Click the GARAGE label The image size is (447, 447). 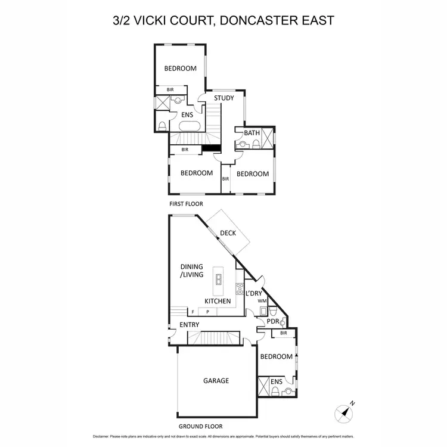pyautogui.click(x=216, y=381)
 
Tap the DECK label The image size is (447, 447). pyautogui.click(x=228, y=233)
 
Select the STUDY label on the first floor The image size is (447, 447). pyautogui.click(x=224, y=98)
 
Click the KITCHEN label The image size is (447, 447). pyautogui.click(x=218, y=301)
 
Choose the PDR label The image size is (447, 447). pyautogui.click(x=273, y=322)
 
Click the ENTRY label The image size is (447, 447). pyautogui.click(x=190, y=325)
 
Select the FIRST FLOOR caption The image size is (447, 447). pyautogui.click(x=185, y=204)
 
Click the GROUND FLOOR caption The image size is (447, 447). pyautogui.click(x=201, y=427)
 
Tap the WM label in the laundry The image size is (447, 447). pyautogui.click(x=261, y=302)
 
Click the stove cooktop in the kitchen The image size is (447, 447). pyautogui.click(x=240, y=288)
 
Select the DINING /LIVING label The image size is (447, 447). pyautogui.click(x=192, y=271)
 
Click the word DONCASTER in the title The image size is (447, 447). pyautogui.click(x=259, y=20)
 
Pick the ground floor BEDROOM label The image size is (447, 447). pyautogui.click(x=277, y=357)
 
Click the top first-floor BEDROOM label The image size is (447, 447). pyautogui.click(x=181, y=69)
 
